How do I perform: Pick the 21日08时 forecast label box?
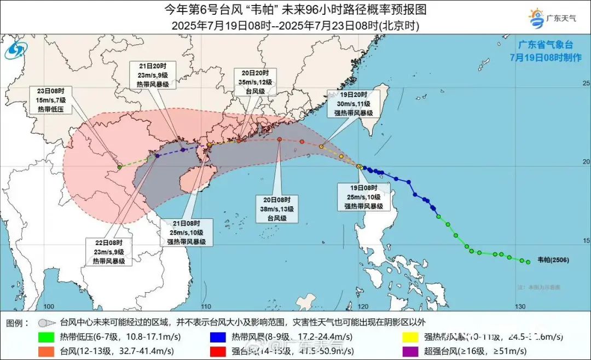187,232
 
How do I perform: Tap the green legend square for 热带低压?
46,336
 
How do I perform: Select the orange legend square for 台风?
46,350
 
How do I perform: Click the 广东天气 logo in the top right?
553,18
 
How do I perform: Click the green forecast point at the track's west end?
120,167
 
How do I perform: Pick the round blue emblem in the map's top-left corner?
15,51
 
